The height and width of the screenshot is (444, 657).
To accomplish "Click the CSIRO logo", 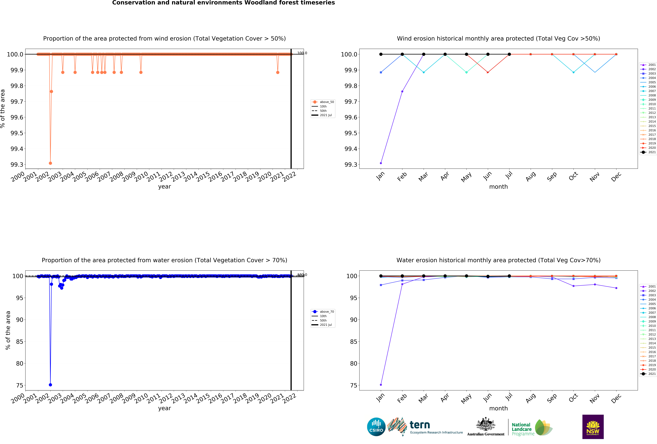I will [x=376, y=427].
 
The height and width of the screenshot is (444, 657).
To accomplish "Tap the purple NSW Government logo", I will [x=593, y=427].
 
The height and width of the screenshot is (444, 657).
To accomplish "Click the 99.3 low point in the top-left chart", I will [x=50, y=163].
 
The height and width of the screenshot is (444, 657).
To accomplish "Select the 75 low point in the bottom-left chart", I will [x=50, y=385].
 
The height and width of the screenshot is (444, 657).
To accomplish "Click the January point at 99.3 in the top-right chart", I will [x=381, y=163].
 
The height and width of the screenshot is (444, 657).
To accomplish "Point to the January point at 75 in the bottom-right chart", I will [x=381, y=385].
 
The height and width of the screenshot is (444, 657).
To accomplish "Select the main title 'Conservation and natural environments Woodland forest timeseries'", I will [x=223, y=3].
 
